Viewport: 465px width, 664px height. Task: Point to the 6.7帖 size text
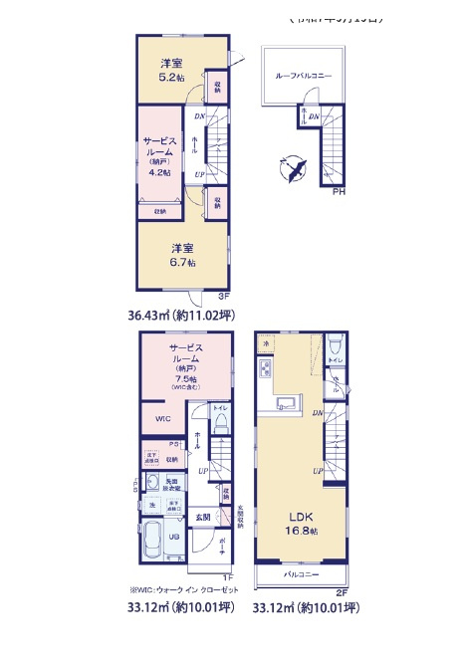182,262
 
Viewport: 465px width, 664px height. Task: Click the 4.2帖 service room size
159,171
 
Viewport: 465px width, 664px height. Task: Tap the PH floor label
339,193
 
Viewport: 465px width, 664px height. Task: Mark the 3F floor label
224,296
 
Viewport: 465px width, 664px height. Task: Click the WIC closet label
162,419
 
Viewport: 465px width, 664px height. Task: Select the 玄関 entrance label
202,516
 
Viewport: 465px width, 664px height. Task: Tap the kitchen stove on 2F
265,371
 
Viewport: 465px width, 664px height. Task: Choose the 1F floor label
227,576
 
